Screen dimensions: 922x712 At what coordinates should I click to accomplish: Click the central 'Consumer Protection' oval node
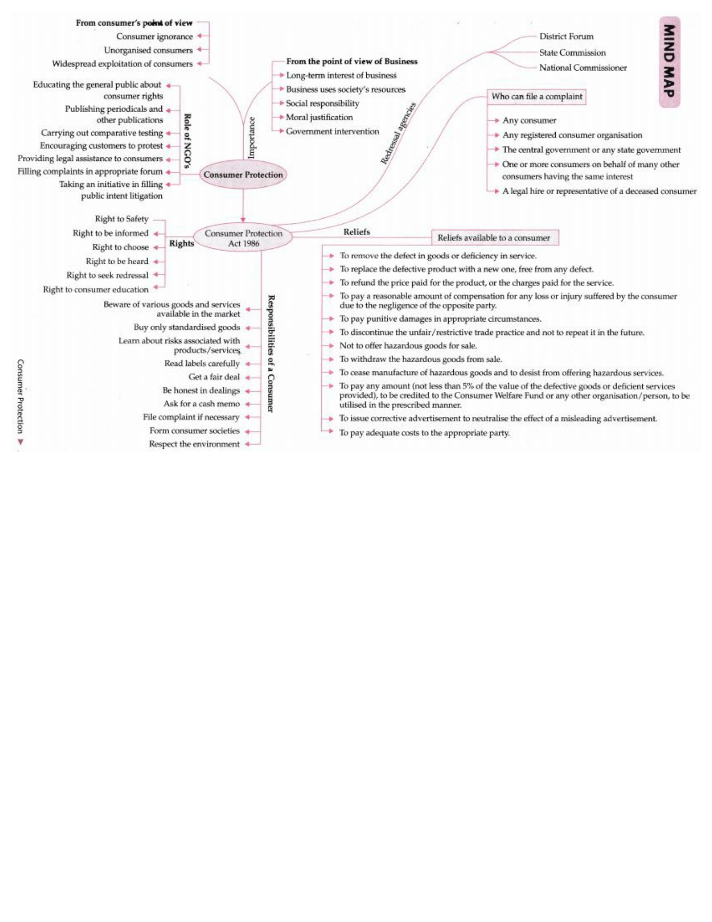click(243, 175)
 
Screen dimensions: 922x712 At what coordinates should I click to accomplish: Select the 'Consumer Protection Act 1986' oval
click(243, 238)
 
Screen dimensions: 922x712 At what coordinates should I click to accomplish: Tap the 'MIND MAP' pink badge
click(669, 62)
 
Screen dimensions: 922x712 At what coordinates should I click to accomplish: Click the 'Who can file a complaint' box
click(536, 96)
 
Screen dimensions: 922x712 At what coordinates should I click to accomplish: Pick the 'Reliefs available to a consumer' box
click(494, 238)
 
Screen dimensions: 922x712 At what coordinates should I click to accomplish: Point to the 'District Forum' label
click(566, 36)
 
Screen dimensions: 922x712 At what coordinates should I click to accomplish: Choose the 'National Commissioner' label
click(582, 68)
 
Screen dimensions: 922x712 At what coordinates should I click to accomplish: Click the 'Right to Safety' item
click(121, 219)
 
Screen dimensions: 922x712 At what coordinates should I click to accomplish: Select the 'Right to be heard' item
click(117, 261)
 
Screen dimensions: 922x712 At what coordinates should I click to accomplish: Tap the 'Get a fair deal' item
click(214, 377)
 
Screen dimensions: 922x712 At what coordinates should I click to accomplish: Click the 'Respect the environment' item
click(194, 444)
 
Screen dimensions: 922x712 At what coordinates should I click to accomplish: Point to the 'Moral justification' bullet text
click(319, 117)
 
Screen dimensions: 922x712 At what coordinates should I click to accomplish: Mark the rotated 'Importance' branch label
click(252, 138)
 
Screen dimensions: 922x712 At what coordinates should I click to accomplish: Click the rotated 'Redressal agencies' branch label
click(398, 134)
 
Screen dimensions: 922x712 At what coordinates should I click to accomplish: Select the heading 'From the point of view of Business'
click(351, 61)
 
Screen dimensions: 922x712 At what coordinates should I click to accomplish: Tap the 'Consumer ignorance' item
click(154, 36)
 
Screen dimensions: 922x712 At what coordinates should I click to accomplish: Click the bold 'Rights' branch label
click(181, 243)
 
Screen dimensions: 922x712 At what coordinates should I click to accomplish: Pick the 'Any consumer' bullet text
click(529, 120)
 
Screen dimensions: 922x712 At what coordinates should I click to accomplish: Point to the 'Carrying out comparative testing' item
click(102, 133)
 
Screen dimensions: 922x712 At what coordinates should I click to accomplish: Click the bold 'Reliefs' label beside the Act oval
click(357, 232)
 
